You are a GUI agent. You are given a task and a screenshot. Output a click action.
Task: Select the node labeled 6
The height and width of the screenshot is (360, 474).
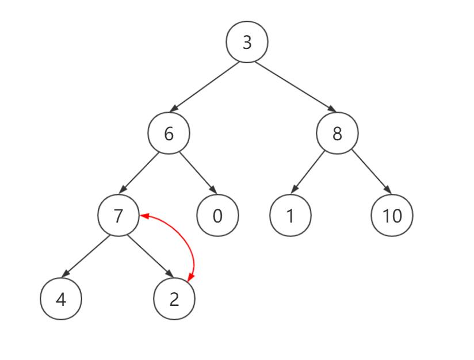tap(169, 133)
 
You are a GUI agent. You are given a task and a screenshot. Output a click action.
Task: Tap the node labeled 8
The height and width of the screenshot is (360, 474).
tap(337, 133)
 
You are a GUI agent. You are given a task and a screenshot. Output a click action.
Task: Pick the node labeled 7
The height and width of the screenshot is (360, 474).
tap(118, 216)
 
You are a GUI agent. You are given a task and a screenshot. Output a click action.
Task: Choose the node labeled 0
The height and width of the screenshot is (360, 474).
tap(217, 216)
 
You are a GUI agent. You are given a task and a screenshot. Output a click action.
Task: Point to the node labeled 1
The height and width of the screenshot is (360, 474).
tap(290, 216)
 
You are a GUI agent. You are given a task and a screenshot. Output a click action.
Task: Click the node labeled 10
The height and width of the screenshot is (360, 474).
tap(392, 216)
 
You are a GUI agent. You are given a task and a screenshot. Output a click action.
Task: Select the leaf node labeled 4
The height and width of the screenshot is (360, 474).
tap(61, 299)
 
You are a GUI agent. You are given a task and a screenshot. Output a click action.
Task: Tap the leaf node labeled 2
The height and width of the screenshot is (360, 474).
tap(174, 299)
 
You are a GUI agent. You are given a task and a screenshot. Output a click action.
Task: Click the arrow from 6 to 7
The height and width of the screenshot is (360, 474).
tap(142, 173)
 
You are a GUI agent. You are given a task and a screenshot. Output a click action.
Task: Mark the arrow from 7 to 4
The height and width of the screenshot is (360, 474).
tap(86, 256)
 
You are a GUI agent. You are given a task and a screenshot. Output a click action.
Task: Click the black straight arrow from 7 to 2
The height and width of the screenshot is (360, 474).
tap(149, 256)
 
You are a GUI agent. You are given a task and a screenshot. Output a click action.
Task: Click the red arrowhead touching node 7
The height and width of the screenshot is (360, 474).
tap(144, 216)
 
